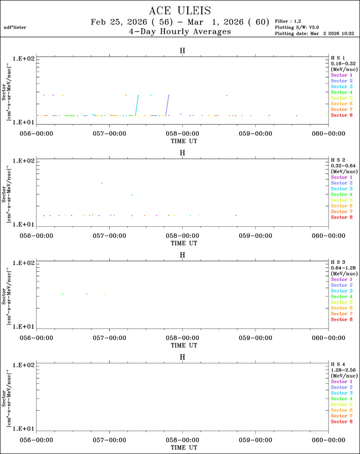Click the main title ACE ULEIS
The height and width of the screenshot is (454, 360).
click(180, 11)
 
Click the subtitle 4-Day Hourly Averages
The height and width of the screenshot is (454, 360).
click(180, 32)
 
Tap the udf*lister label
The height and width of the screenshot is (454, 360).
click(14, 27)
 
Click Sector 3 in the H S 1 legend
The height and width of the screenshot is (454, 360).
click(341, 86)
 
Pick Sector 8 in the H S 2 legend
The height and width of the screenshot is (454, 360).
click(341, 217)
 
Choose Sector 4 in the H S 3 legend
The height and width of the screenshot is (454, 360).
click(341, 297)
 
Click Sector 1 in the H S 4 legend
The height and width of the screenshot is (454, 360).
click(341, 382)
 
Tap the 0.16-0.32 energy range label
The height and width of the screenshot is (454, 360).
click(341, 63)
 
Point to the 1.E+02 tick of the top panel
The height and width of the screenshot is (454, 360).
click(24, 58)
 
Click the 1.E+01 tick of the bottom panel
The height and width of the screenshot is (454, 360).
click(24, 429)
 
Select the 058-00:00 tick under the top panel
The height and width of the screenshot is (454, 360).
click(182, 134)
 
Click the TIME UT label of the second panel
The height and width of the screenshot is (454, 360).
click(182, 243)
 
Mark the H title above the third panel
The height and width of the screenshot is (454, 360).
click(182, 255)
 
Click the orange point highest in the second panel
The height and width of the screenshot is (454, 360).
click(101, 183)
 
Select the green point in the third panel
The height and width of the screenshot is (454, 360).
click(63, 294)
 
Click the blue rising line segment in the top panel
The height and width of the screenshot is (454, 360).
click(168, 105)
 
